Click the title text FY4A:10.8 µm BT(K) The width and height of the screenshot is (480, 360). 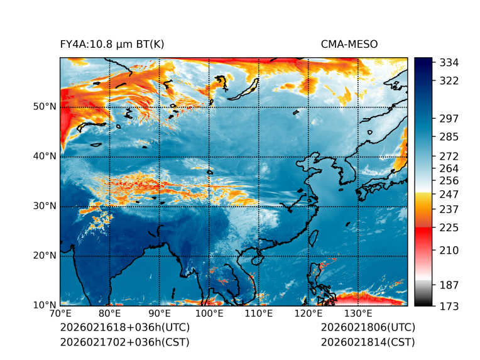pyautogui.click(x=112, y=44)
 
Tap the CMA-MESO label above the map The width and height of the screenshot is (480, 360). pyautogui.click(x=349, y=44)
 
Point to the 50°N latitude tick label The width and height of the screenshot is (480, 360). pyautogui.click(x=45, y=107)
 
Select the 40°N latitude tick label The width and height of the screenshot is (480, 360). pyautogui.click(x=45, y=156)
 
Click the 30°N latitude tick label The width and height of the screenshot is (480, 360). pyautogui.click(x=45, y=206)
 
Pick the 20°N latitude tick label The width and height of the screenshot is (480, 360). pyautogui.click(x=45, y=256)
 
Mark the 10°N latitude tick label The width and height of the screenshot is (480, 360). pyautogui.click(x=45, y=305)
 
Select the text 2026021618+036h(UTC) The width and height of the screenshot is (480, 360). pyautogui.click(x=124, y=328)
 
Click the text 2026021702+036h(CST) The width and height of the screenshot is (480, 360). pyautogui.click(x=124, y=342)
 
